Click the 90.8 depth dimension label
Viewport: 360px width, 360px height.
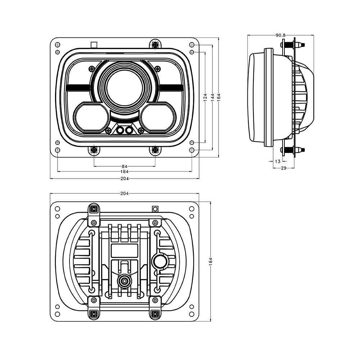pos(280,35)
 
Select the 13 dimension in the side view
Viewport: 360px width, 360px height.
pos(278,161)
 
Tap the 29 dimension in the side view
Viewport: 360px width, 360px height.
pos(284,168)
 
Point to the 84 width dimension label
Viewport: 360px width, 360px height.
pos(125,166)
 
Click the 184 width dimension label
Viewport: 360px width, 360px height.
pos(125,171)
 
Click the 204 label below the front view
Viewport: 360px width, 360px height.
pos(125,179)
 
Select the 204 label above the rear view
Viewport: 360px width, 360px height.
pos(125,194)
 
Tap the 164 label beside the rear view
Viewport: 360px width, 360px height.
pos(211,262)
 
